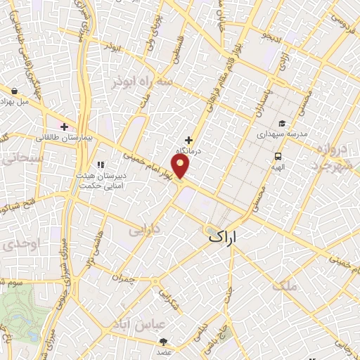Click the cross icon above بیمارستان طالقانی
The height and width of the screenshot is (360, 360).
[65, 127]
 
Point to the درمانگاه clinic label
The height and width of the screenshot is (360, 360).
[188, 151]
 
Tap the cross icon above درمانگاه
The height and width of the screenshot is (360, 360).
[188, 140]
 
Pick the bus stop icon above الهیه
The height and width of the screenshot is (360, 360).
[278, 157]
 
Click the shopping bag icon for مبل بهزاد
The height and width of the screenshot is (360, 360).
[15, 90]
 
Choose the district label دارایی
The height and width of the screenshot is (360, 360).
[146, 229]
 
